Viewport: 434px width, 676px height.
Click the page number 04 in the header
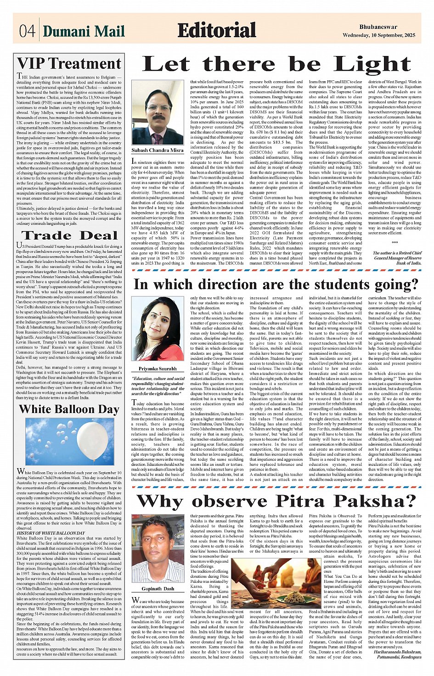pos(27,31)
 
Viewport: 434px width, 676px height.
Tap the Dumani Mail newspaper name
pos(84,31)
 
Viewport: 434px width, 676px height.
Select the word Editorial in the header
pos(216,30)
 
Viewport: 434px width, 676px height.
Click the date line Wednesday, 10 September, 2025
pos(378,35)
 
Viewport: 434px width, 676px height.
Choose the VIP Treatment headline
pos(69,63)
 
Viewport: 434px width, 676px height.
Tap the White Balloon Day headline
pos(69,409)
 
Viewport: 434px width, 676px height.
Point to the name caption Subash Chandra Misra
pos(158,150)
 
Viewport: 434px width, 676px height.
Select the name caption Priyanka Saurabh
pos(158,369)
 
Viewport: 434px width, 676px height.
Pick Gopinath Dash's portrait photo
pos(158,551)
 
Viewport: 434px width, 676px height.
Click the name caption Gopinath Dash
pos(158,588)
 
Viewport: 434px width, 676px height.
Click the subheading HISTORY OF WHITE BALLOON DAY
pos(51,533)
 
